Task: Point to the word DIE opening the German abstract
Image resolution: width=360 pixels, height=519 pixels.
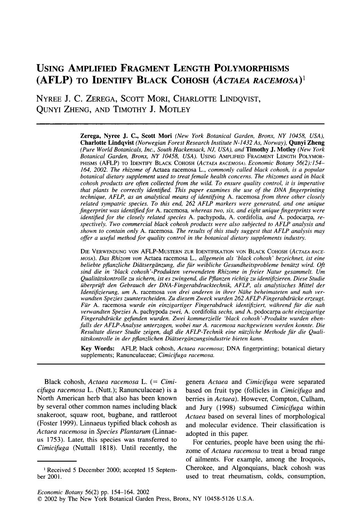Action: tap(86, 251)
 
